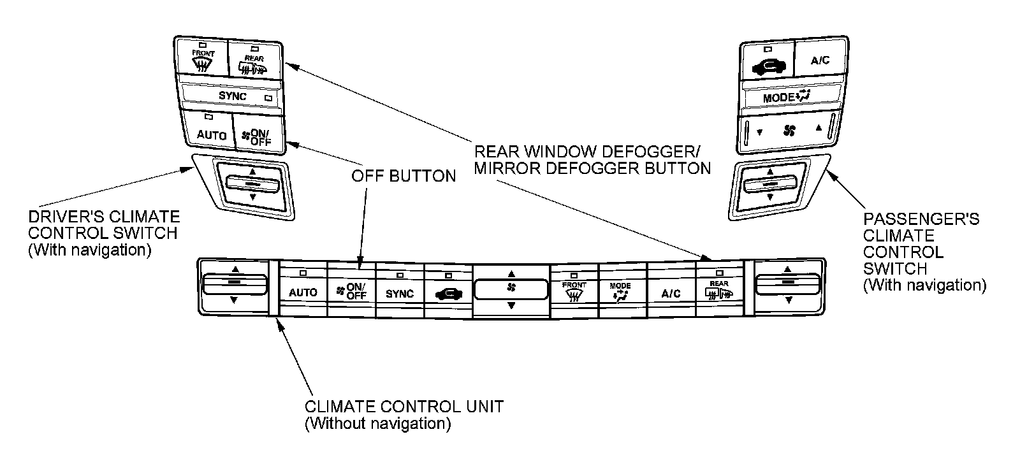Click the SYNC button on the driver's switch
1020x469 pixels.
(232, 96)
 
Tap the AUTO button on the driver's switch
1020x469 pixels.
(211, 134)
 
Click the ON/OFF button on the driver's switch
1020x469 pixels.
(258, 136)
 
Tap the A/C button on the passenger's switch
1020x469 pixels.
(820, 61)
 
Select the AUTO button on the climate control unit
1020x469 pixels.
(303, 291)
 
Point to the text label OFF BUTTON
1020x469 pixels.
(404, 177)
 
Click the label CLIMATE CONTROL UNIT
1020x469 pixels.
(404, 407)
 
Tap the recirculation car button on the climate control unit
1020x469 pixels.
(449, 292)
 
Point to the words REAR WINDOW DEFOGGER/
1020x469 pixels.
(586, 153)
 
